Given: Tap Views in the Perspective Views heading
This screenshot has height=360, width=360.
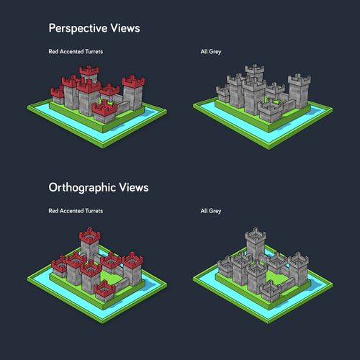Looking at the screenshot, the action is [x=125, y=28].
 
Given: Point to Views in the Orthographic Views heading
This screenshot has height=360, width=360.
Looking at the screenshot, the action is [x=134, y=187].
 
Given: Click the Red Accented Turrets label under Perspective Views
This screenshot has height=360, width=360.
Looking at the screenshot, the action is [x=76, y=52].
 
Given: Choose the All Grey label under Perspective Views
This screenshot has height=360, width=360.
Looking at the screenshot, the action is [x=211, y=52].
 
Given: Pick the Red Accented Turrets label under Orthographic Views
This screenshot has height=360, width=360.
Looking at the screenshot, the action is [x=76, y=211].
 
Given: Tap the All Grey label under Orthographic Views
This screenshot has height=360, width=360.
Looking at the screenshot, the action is [x=211, y=211].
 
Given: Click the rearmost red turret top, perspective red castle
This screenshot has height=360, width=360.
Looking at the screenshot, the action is [x=89, y=71].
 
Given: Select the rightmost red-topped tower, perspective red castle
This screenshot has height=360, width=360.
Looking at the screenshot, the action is [x=133, y=92].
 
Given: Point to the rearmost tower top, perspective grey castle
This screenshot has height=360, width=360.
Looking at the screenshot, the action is [x=255, y=70].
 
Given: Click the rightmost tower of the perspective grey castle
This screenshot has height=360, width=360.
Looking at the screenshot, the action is [x=300, y=91].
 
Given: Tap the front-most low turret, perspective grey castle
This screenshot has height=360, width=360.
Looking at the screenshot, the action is [x=271, y=112].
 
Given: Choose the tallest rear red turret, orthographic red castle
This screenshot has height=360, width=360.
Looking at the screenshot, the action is [x=89, y=245].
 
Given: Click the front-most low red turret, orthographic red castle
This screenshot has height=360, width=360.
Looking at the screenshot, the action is [x=104, y=291].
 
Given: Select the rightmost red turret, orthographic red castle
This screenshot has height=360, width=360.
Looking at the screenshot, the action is [x=132, y=269].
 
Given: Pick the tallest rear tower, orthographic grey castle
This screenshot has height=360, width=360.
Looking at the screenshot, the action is [x=256, y=245].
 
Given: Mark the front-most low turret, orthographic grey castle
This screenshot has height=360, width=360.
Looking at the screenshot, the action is [x=271, y=291].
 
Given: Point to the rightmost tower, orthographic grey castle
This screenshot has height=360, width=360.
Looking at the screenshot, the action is [x=298, y=269].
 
